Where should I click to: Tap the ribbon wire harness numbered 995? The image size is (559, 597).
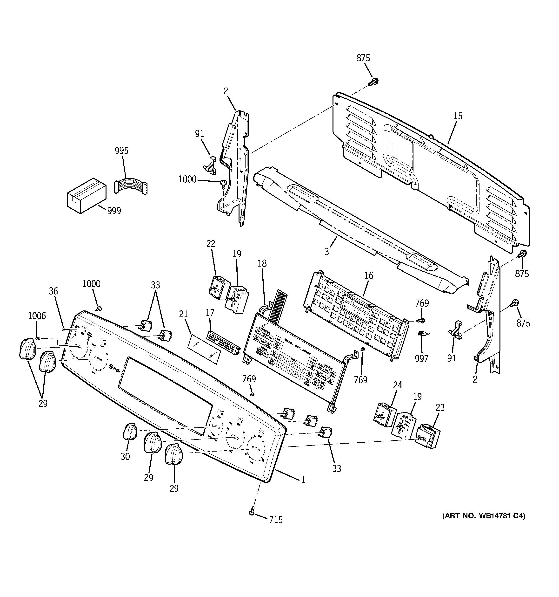(131, 187)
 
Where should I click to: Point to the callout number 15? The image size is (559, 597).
(458, 116)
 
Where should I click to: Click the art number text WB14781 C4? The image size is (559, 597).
(484, 516)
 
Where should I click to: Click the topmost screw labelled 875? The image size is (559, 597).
(374, 81)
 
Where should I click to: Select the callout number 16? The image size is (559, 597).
(369, 275)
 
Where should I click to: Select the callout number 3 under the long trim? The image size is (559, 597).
(326, 252)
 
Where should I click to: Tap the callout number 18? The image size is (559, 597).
(262, 263)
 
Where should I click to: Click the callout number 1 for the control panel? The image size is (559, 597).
(303, 480)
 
